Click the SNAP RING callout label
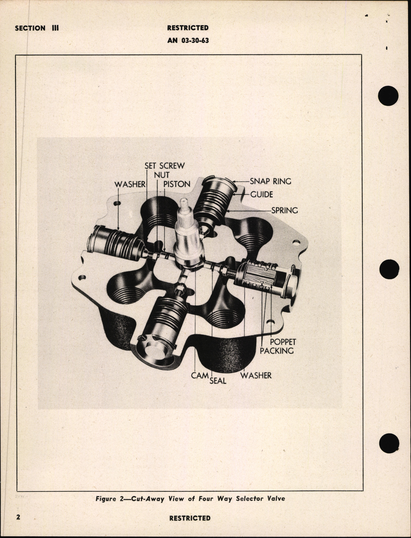[x=270, y=181]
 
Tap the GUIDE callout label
[x=261, y=194]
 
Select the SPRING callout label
[x=284, y=210]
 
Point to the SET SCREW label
[x=165, y=166]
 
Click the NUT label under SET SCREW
[x=162, y=175]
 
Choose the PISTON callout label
[x=177, y=184]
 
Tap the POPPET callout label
[x=283, y=342]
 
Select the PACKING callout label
[x=277, y=351]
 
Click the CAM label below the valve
[x=200, y=375]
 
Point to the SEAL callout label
[x=218, y=381]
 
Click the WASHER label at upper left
[x=130, y=184]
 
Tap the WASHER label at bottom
[x=256, y=375]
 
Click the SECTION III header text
[x=37, y=28]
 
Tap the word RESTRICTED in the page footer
[x=189, y=518]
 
